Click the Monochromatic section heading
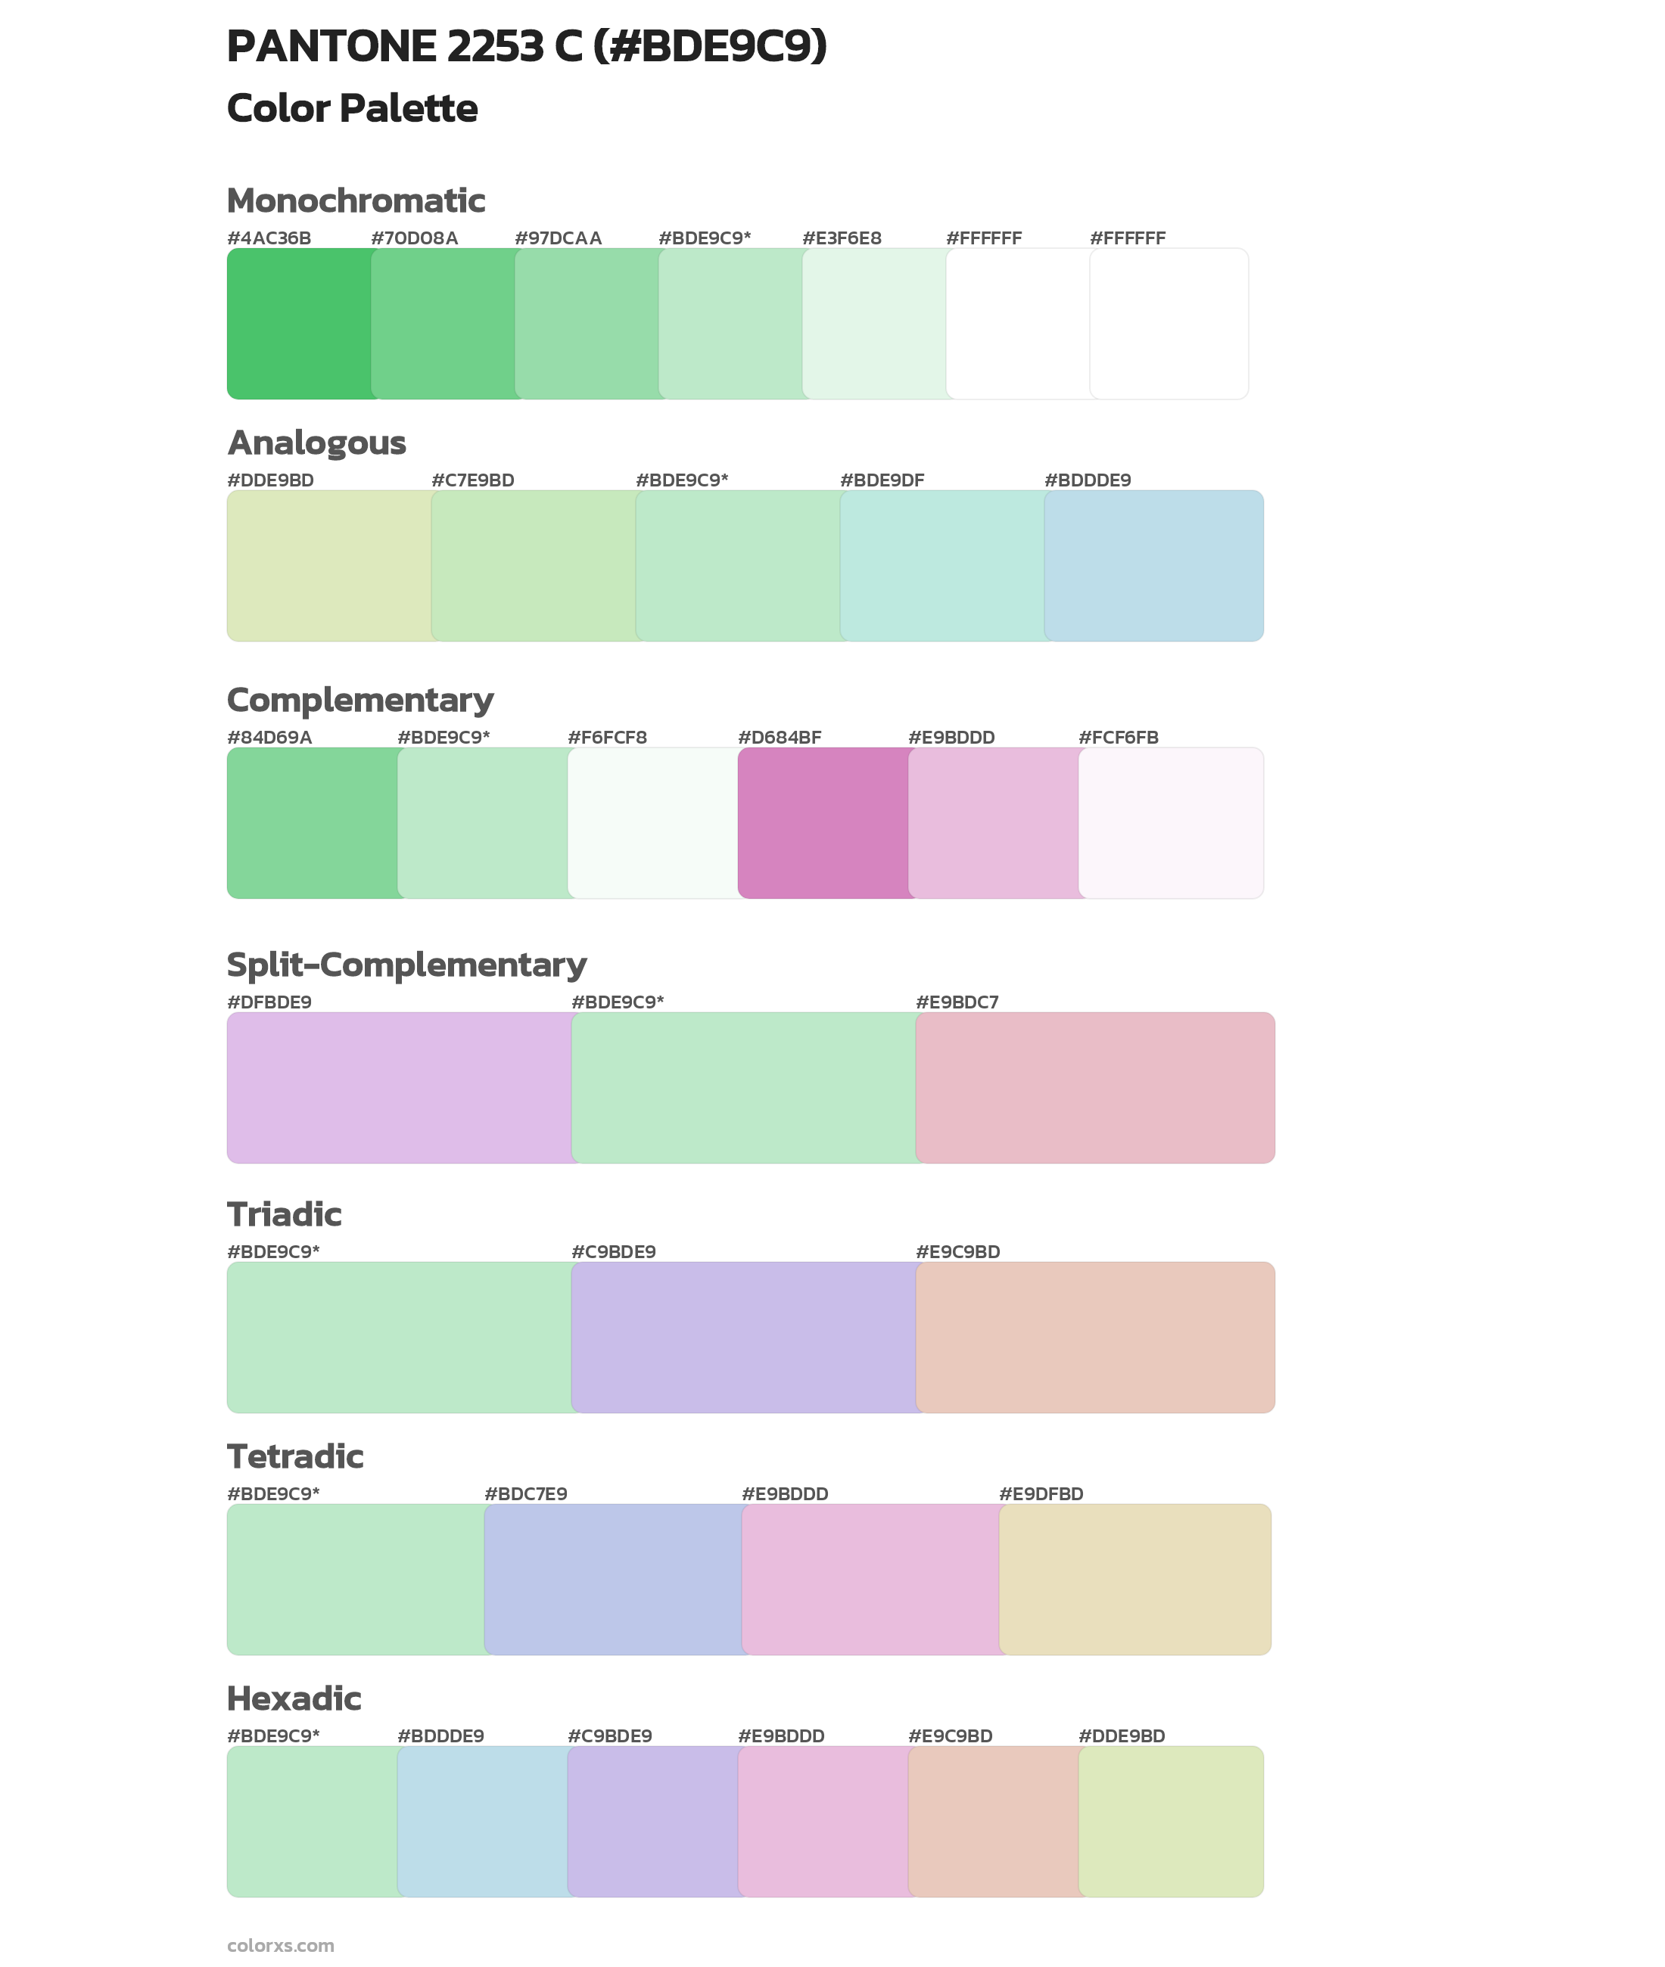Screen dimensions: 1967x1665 click(x=356, y=201)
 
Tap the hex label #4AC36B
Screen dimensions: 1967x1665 click(x=269, y=238)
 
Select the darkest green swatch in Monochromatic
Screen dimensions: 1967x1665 click(x=297, y=324)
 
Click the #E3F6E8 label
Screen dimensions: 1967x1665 click(x=841, y=238)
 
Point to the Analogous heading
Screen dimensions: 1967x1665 click(x=316, y=443)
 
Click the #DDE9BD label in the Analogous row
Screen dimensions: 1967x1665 click(x=270, y=480)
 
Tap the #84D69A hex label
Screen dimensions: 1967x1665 click(x=269, y=737)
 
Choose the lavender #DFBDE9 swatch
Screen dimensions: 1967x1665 click(x=398, y=1087)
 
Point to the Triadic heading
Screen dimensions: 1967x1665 click(x=284, y=1214)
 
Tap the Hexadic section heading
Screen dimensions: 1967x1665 click(x=294, y=1698)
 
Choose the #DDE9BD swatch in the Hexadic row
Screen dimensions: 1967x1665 click(x=1170, y=1821)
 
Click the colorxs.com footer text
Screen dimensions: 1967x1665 click(x=280, y=1944)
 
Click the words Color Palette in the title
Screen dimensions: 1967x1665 click(x=352, y=108)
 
